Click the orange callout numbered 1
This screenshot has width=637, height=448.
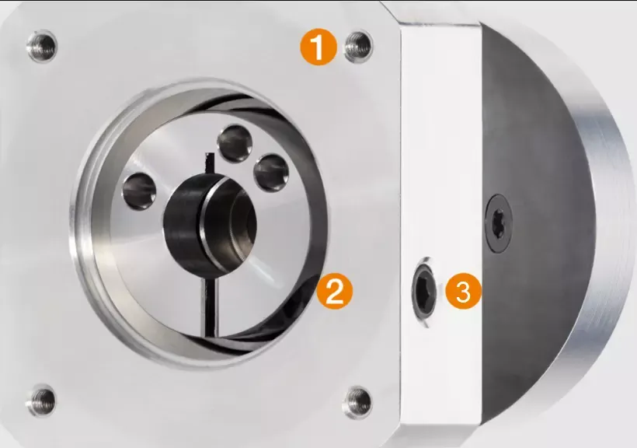tap(318, 48)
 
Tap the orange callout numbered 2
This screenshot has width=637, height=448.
tap(335, 291)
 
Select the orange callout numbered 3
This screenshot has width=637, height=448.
tap(464, 291)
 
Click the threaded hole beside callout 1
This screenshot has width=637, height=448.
tap(358, 46)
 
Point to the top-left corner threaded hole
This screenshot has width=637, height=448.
tap(42, 45)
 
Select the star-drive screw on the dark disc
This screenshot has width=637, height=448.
tap(499, 222)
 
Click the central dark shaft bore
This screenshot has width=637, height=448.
tap(210, 223)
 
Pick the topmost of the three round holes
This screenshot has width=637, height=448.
tap(235, 143)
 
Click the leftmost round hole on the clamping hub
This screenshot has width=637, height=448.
tap(139, 191)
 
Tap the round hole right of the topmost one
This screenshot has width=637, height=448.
tap(271, 173)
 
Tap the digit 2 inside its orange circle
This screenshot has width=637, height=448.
tap(335, 291)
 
